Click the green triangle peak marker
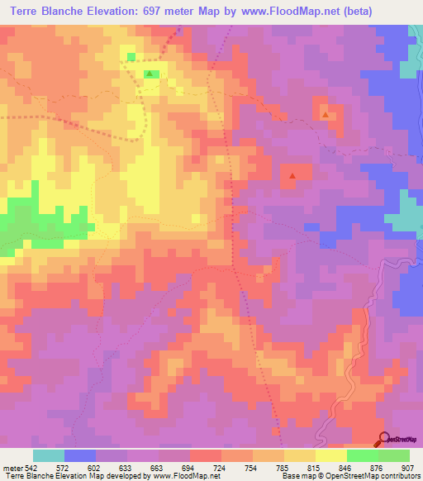click(x=149, y=74)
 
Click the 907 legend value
click(x=408, y=466)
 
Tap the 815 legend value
click(x=315, y=466)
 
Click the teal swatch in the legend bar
click(x=49, y=455)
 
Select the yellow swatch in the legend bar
click(x=330, y=455)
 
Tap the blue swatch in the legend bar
click(x=80, y=455)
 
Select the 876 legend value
click(x=377, y=466)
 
